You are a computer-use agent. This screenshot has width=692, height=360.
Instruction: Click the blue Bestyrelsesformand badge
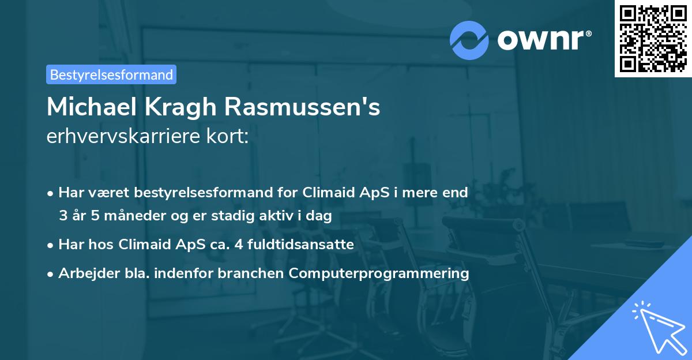[111, 74]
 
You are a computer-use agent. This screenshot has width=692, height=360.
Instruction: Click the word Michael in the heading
[92, 107]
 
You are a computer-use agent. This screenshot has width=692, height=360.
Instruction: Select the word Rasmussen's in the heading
[302, 107]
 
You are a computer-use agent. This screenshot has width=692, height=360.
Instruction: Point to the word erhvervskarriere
[123, 136]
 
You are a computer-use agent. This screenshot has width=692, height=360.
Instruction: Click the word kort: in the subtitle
[227, 136]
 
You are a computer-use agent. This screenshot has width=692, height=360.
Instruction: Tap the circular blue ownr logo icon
[469, 40]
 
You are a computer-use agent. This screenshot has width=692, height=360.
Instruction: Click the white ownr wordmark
[544, 40]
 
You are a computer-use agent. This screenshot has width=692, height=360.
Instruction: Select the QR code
[653, 39]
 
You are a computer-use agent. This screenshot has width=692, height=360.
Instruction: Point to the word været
[108, 192]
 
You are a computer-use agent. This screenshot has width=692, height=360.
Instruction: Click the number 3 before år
[63, 215]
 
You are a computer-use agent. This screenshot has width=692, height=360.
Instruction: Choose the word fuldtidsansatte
[300, 244]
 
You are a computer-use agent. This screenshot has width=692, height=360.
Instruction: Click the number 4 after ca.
[239, 245]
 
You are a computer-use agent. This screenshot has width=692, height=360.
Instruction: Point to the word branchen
[250, 273]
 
